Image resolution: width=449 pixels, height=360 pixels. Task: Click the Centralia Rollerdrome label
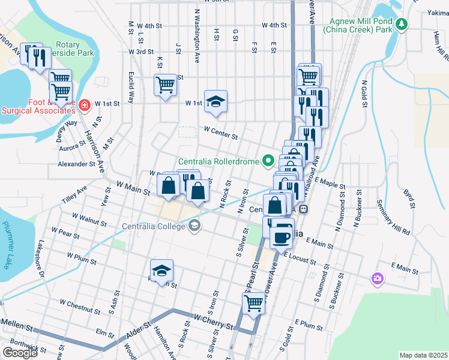(218, 161)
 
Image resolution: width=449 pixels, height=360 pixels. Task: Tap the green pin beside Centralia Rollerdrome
(268, 161)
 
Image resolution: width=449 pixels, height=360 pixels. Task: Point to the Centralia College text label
(154, 226)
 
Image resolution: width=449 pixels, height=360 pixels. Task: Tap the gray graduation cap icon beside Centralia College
(194, 226)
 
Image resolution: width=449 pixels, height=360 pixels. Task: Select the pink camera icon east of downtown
(377, 278)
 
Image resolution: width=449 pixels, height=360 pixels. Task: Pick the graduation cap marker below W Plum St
(161, 271)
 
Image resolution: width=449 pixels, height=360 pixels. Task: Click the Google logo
(20, 353)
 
